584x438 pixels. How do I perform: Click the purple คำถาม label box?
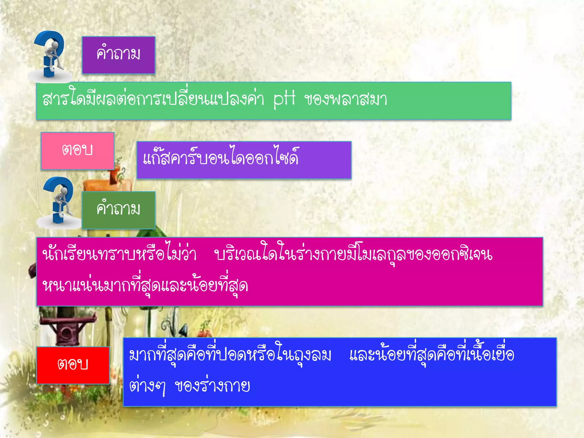pyautogui.click(x=118, y=55)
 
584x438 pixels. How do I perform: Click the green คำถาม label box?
pyautogui.click(x=118, y=210)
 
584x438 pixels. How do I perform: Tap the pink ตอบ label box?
pyautogui.click(x=77, y=151)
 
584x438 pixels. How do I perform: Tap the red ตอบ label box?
pyautogui.click(x=73, y=365)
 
